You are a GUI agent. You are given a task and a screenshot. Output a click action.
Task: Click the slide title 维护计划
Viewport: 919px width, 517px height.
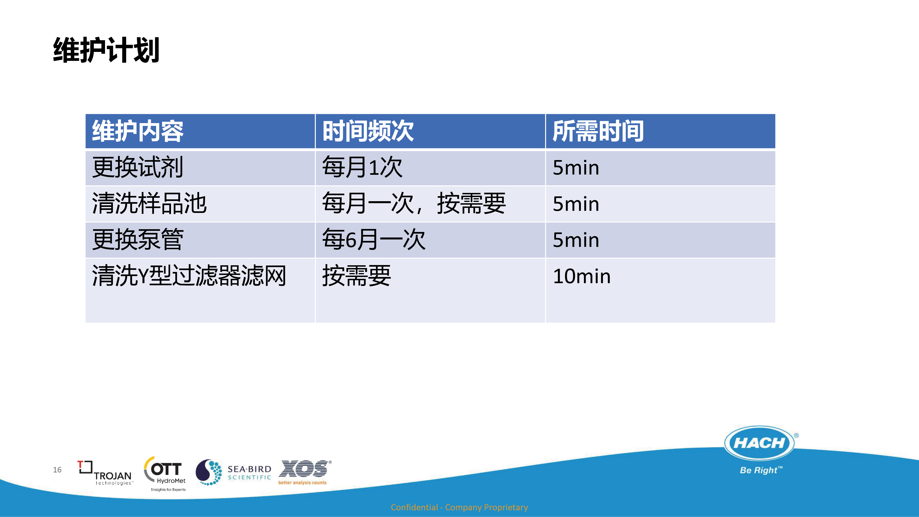(106, 50)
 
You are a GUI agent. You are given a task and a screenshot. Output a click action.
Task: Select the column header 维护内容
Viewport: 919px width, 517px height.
(138, 131)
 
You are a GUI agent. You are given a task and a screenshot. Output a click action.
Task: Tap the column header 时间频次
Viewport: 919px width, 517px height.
(368, 131)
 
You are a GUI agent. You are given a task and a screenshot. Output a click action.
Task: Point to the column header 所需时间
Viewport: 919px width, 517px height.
(598, 131)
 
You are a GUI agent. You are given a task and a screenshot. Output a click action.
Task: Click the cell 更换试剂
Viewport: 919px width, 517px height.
(138, 167)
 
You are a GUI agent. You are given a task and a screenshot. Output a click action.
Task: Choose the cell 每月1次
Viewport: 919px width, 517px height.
(362, 167)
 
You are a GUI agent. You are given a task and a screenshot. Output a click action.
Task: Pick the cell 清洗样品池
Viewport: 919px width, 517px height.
(149, 203)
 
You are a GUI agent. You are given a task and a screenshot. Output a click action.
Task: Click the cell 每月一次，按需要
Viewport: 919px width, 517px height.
(414, 203)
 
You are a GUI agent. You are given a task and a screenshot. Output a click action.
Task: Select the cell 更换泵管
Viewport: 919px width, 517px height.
(138, 239)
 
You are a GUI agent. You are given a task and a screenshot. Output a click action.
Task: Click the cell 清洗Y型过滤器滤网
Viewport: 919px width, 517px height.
(189, 276)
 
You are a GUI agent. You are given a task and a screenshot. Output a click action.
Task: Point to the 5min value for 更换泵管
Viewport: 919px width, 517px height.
(576, 240)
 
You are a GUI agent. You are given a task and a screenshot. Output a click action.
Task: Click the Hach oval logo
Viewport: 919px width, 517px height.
(760, 443)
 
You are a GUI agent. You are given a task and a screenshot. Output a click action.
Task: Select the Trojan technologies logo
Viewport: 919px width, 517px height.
(105, 473)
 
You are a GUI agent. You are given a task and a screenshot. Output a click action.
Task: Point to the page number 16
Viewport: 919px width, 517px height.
(57, 470)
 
